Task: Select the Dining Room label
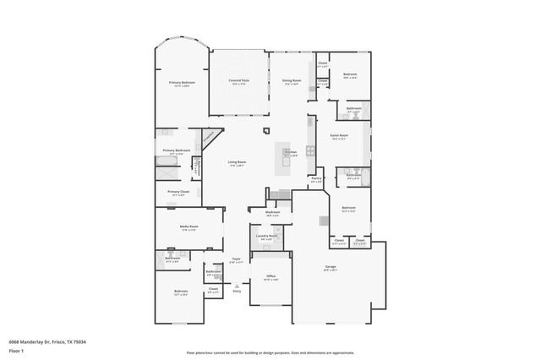click(292, 81)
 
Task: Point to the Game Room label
click(340, 135)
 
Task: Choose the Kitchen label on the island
click(290, 154)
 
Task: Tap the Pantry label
click(316, 178)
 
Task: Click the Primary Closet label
click(178, 192)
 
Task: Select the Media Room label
click(188, 226)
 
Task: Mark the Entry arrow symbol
click(238, 286)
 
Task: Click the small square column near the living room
click(265, 130)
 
